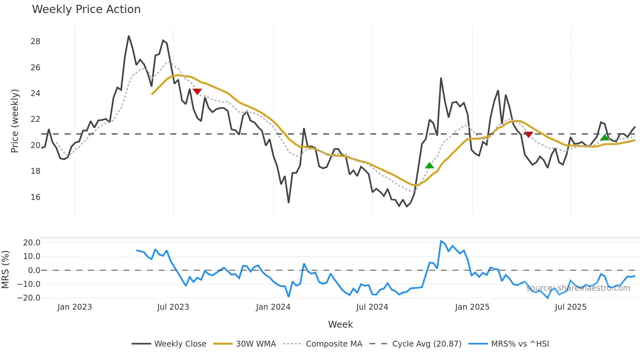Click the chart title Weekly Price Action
tap(86, 9)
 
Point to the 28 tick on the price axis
tap(36, 41)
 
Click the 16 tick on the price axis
tap(36, 197)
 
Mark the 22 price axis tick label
tap(36, 119)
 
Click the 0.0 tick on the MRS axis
tap(34, 270)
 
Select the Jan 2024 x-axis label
tap(273, 307)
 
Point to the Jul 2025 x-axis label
tap(570, 307)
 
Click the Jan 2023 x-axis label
tap(74, 307)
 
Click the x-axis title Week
tap(340, 324)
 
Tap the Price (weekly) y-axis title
tap(15, 121)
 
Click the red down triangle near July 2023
tap(197, 91)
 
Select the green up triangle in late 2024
tap(429, 166)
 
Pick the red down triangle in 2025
tap(528, 134)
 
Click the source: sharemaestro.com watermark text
tap(578, 288)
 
